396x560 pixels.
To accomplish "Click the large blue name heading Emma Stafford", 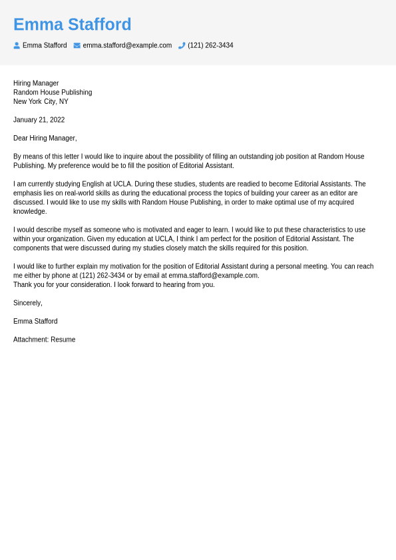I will pyautogui.click(x=72, y=25).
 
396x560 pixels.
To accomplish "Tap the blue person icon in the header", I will pyautogui.click(x=17, y=45).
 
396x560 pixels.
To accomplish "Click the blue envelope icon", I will pyautogui.click(x=77, y=45).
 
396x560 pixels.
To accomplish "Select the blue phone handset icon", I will pyautogui.click(x=182, y=45).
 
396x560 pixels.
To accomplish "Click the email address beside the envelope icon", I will pyautogui.click(x=127, y=45).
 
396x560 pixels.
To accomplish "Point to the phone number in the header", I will pyautogui.click(x=210, y=45).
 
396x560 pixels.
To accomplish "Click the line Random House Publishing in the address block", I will pyautogui.click(x=53, y=93).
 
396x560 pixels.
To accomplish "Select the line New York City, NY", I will pyautogui.click(x=41, y=102).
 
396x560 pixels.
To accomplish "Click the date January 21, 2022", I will pyautogui.click(x=39, y=120).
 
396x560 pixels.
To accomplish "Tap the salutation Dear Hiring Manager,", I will pyautogui.click(x=45, y=139).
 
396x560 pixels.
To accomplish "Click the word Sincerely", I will pyautogui.click(x=27, y=303).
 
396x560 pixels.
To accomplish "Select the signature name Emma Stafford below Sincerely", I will pyautogui.click(x=35, y=321).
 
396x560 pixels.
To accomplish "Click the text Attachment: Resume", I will pyautogui.click(x=44, y=340).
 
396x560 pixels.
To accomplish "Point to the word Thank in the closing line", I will pyautogui.click(x=22, y=285).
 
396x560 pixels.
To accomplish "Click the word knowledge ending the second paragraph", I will pyautogui.click(x=30, y=212).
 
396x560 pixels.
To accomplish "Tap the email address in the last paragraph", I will pyautogui.click(x=213, y=276).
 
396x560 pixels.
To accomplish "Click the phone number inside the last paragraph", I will pyautogui.click(x=102, y=276).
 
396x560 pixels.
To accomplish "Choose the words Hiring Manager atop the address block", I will pyautogui.click(x=36, y=83).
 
